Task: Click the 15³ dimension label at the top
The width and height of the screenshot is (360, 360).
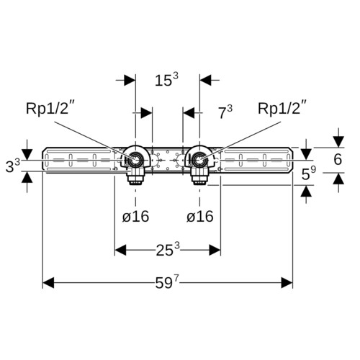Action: (166, 80)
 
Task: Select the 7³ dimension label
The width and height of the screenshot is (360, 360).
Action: (225, 112)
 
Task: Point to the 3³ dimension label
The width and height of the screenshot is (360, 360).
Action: (13, 166)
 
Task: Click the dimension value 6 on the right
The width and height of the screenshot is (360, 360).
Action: (338, 159)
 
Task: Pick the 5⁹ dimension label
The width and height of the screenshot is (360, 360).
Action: (309, 174)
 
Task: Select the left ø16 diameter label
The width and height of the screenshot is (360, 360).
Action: (135, 217)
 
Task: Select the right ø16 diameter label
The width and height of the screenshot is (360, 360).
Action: (200, 217)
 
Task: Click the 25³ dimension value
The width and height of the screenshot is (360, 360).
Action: (168, 250)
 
